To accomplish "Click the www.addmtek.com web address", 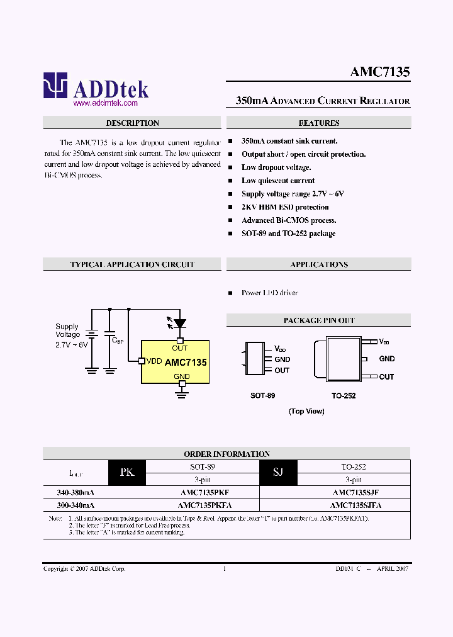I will point(105,103).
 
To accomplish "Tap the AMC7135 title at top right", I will point(380,72).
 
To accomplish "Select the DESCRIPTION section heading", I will point(132,123).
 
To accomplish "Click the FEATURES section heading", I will point(318,123).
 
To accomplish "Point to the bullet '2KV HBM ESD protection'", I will point(285,207).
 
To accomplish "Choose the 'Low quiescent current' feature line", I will point(278,181).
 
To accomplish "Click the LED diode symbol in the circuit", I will point(179,324).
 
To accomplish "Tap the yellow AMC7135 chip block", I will point(175,362).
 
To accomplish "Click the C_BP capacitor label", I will point(117,340).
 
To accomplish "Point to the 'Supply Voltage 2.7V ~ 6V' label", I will point(71,335).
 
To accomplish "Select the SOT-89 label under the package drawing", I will point(262,395).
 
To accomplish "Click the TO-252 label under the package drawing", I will point(344,395).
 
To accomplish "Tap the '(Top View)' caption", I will point(306,411).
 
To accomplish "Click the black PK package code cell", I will point(127,472).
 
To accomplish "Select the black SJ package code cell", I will point(278,472).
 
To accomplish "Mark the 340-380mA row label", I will point(71,492).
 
